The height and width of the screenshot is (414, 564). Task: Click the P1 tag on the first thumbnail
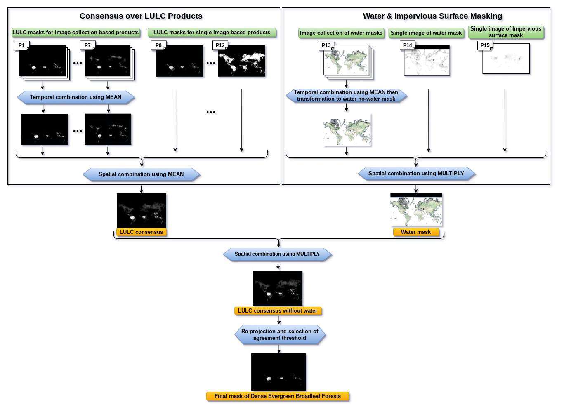coord(21,45)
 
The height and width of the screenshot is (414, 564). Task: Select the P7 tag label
coord(87,45)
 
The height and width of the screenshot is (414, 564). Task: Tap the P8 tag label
coord(158,45)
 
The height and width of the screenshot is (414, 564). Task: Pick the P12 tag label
coord(220,45)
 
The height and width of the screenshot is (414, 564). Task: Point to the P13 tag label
coord(326,45)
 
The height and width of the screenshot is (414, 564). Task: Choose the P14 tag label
coord(407,45)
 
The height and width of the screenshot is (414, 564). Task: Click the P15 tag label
coord(485,45)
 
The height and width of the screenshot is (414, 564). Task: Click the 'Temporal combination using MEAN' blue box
coord(76,97)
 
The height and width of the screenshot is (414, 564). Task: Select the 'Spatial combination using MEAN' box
coord(141,174)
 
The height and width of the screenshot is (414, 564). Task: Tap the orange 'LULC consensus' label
coord(141,232)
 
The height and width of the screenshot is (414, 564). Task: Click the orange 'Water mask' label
coord(415,232)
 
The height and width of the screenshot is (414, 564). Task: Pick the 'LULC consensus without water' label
coord(278,311)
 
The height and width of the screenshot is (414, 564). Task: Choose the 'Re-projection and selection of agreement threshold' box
coord(280,335)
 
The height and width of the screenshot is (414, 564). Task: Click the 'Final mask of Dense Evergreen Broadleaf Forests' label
coord(278,396)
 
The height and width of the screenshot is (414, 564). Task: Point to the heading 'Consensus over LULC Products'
coord(141,16)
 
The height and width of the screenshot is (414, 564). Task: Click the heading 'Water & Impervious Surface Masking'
coord(432,16)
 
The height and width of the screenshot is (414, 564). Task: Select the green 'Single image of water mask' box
coord(426,33)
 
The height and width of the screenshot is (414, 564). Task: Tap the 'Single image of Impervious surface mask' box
coord(506,32)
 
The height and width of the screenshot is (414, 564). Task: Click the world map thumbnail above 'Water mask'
coord(416,210)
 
